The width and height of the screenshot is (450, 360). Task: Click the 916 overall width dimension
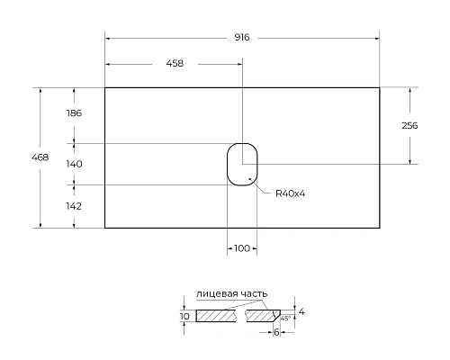[241, 38]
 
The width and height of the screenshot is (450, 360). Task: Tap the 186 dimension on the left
[74, 113]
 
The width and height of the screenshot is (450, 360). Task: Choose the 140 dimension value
[74, 164]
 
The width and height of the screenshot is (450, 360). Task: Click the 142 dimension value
[74, 205]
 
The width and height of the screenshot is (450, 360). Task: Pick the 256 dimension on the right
[409, 126]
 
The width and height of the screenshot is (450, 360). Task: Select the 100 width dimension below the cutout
[242, 248]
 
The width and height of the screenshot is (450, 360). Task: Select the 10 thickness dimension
[185, 317]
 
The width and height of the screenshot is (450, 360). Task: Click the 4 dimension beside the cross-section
[301, 311]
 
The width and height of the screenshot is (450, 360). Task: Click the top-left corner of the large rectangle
[105, 87]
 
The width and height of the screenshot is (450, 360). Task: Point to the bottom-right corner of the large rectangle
[379, 228]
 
